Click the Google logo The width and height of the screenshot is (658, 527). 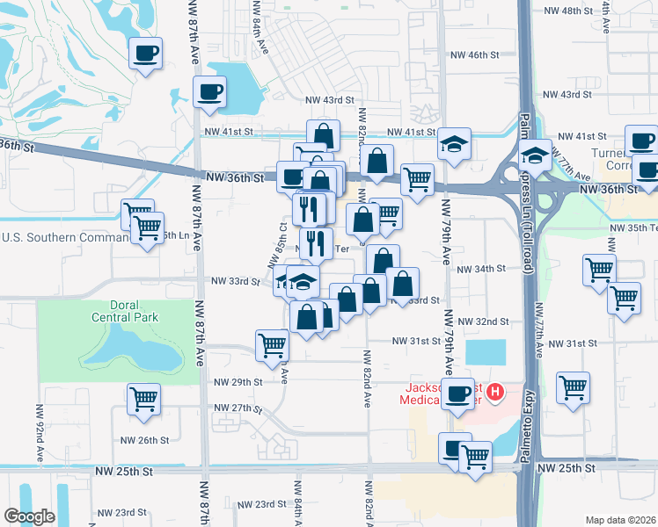(x=29, y=516)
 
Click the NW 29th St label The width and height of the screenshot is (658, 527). (x=241, y=382)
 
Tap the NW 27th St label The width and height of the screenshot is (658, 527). (x=239, y=408)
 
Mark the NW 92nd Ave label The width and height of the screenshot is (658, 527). (x=40, y=432)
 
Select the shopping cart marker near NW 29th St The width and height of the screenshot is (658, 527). (x=143, y=399)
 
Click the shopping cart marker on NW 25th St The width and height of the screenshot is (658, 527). (x=475, y=455)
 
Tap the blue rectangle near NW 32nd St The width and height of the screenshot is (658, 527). (x=486, y=351)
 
